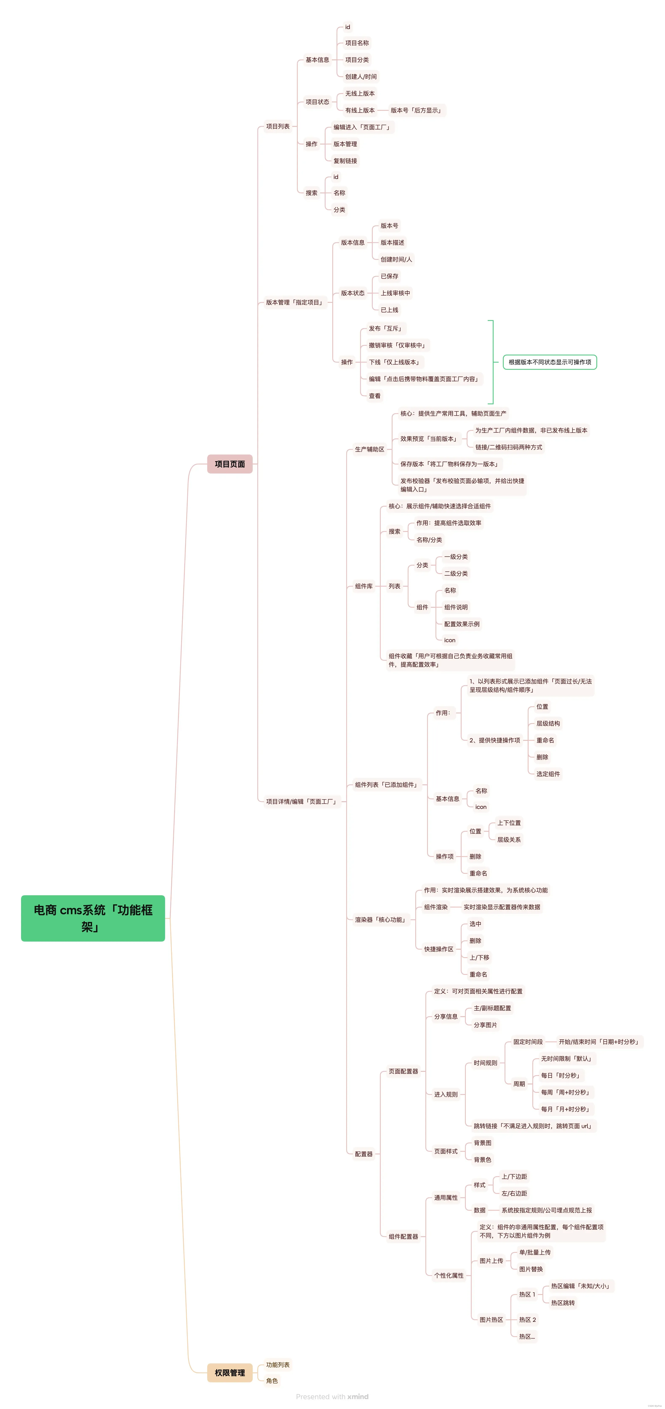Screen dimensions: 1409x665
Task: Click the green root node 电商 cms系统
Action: point(93,918)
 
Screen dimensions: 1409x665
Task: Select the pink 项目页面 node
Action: point(230,464)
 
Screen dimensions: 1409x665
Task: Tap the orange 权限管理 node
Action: point(230,1372)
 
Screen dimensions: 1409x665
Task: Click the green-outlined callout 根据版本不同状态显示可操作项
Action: point(550,362)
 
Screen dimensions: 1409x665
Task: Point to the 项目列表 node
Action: point(278,126)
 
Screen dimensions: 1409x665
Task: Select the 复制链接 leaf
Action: point(345,161)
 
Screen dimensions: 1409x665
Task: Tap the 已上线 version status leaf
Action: point(389,310)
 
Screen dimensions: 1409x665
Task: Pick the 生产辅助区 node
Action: point(370,449)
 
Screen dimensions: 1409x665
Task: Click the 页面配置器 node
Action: point(403,1071)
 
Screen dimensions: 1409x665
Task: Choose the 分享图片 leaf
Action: point(485,1025)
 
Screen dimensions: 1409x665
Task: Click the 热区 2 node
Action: point(527,1319)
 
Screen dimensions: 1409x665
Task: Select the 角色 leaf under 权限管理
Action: point(272,1381)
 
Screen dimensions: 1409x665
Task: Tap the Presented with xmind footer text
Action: point(332,1396)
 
